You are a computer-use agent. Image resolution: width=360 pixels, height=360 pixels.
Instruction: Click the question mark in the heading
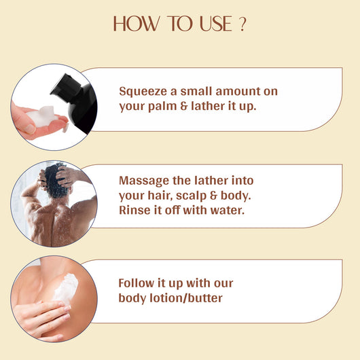coord(241,25)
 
